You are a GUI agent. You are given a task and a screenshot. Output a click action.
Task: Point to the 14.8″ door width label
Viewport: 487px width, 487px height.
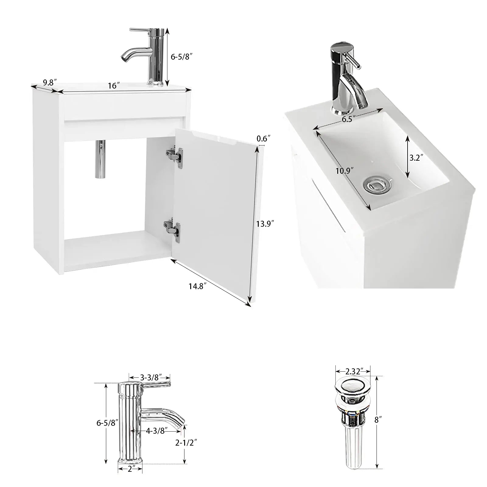point(198,286)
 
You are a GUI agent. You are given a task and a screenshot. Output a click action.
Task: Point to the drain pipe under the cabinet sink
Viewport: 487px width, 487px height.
point(100,159)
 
